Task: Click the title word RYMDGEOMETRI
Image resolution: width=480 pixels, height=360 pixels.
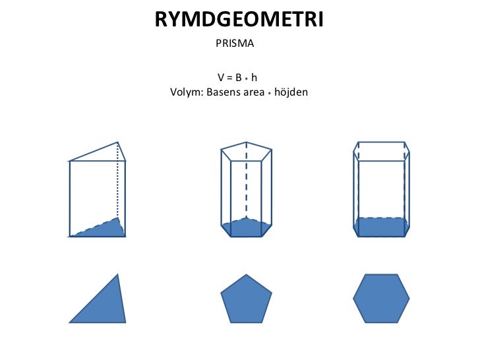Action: click(x=239, y=20)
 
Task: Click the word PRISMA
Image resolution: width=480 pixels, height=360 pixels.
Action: click(x=235, y=44)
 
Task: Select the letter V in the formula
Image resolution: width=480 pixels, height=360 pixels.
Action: click(x=221, y=78)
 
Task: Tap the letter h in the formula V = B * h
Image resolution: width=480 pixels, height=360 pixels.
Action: click(x=253, y=78)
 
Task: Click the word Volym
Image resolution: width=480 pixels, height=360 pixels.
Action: click(x=185, y=92)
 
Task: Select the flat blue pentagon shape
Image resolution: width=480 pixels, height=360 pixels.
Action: click(x=245, y=300)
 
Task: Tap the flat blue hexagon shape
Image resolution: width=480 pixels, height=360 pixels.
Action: click(x=381, y=299)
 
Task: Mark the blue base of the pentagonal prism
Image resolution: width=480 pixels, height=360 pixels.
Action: click(x=245, y=227)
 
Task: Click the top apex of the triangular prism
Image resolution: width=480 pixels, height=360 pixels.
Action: click(x=118, y=142)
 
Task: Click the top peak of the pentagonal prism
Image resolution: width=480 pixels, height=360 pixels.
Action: click(x=246, y=141)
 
